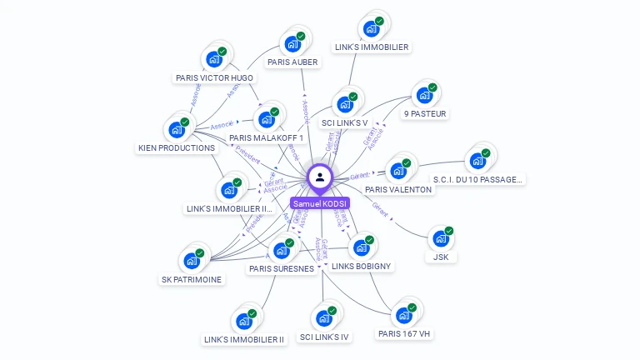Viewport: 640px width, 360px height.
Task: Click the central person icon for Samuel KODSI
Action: [x=320, y=177]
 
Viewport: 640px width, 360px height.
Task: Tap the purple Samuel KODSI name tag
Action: [x=320, y=203]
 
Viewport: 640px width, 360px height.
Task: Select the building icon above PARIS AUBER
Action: [x=292, y=44]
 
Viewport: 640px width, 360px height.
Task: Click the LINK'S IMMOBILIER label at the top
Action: [x=371, y=47]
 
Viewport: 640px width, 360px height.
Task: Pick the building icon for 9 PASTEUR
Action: [x=424, y=95]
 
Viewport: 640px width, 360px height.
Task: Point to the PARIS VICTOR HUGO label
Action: [x=214, y=78]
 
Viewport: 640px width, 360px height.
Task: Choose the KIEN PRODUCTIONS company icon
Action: [x=176, y=130]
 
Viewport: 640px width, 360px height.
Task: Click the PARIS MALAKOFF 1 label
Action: [x=266, y=138]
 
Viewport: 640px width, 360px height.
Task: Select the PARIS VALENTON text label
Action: [x=398, y=190]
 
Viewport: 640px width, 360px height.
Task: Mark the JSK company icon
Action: [x=441, y=238]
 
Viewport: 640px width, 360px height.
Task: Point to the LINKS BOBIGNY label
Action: [x=362, y=267]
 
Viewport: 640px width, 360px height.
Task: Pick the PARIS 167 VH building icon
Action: [x=404, y=315]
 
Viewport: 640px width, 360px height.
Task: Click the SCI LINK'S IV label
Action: [x=324, y=337]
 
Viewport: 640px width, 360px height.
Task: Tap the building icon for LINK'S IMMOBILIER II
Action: [x=243, y=321]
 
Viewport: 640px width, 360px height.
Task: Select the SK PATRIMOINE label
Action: [x=192, y=280]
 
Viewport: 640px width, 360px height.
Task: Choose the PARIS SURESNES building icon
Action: [x=281, y=251]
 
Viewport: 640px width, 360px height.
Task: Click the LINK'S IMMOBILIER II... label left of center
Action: [x=229, y=209]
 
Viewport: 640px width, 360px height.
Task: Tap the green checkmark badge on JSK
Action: [x=449, y=231]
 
